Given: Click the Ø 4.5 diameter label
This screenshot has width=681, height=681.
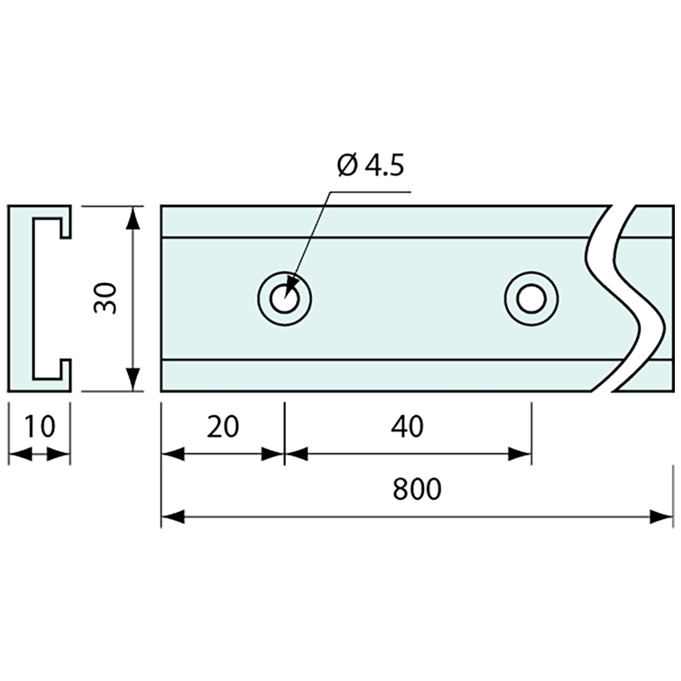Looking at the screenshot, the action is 370,165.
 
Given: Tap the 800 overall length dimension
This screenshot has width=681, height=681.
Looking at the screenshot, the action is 417,488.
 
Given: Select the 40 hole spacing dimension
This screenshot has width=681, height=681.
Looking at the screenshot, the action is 407,427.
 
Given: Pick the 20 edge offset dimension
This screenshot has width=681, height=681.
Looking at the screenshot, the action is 223,427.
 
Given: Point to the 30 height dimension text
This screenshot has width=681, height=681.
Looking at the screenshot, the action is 105,298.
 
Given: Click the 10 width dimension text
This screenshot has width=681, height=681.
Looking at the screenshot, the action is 40,427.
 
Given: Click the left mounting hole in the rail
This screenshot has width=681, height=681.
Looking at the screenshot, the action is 285,299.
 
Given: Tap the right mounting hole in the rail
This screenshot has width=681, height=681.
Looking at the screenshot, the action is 532,299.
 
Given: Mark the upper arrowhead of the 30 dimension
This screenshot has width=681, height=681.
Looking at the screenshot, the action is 134,218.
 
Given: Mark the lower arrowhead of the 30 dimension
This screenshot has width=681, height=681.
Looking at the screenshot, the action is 134,379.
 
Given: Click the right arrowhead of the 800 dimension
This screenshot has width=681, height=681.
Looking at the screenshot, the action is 661,517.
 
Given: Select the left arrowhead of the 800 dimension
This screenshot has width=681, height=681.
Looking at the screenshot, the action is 173,517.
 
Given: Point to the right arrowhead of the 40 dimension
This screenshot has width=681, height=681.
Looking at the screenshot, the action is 520,454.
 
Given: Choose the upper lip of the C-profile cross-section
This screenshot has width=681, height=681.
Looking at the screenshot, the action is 66,222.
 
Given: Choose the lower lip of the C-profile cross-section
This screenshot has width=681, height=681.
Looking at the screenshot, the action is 66,375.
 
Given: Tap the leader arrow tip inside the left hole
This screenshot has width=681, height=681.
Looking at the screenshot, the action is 285,296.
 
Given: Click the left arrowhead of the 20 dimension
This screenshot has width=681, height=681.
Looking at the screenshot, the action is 173,454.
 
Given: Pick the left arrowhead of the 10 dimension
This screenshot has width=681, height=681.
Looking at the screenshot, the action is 20,454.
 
